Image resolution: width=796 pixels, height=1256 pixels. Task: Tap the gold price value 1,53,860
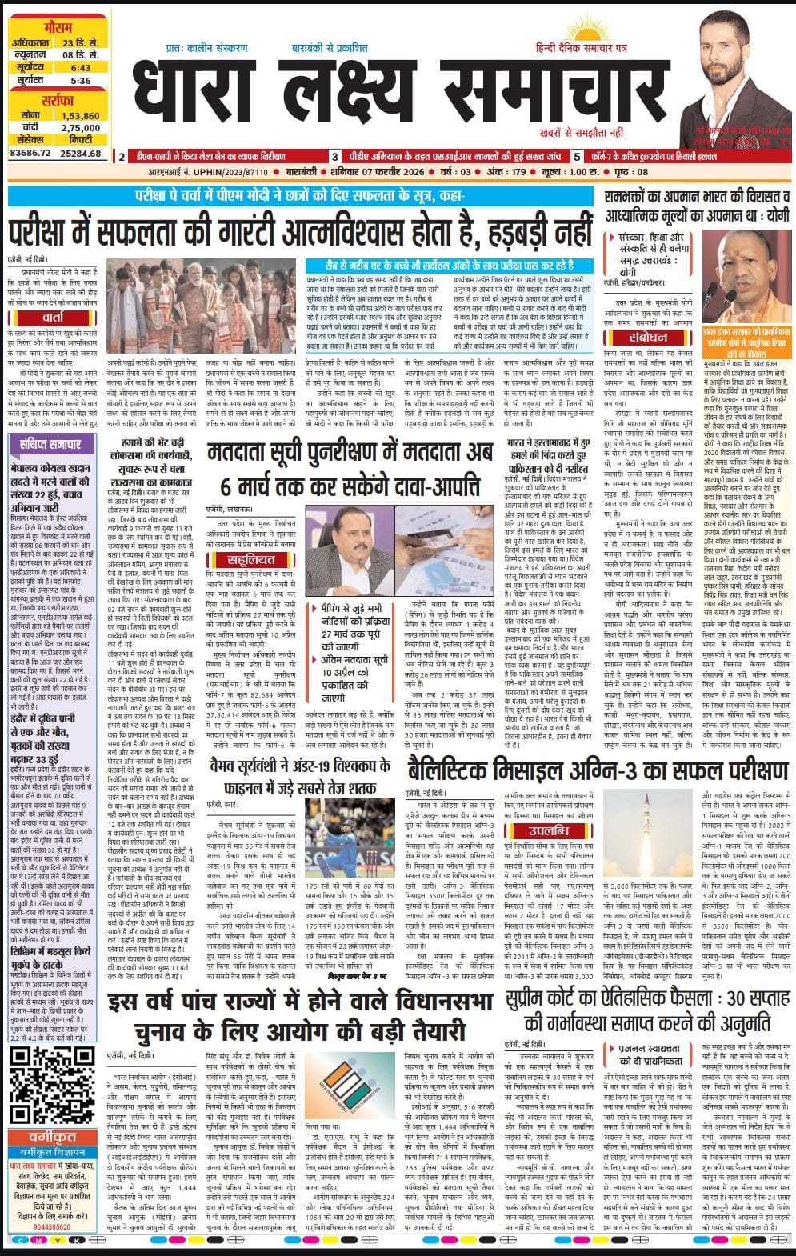[x=80, y=116]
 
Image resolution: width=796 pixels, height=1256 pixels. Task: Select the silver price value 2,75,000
[x=80, y=128]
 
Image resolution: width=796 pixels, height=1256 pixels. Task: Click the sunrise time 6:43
[x=80, y=68]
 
